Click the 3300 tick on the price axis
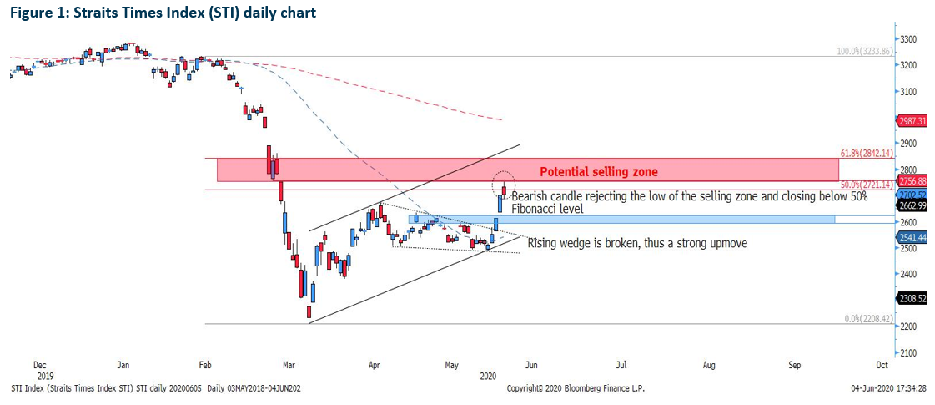coord(908,39)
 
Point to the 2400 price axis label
coord(908,274)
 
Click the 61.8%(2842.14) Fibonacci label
coord(867,154)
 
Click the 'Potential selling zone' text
coord(598,172)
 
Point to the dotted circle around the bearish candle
coord(504,181)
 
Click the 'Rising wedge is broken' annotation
coord(637,244)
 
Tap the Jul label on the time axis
coord(621,365)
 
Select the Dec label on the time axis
coord(39,365)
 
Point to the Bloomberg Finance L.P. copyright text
coord(576,388)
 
